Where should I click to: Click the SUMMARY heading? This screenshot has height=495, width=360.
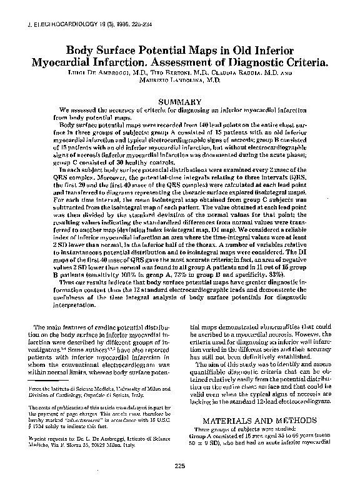179,101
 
